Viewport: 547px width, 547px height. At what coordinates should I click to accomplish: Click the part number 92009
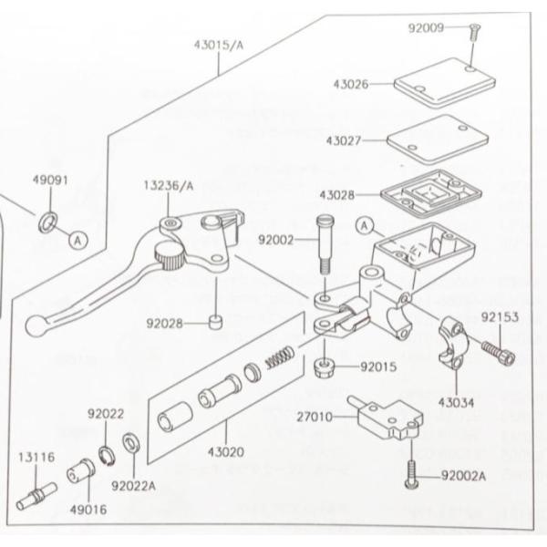pyautogui.click(x=426, y=27)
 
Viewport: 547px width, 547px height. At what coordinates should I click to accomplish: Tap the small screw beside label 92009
pyautogui.click(x=474, y=31)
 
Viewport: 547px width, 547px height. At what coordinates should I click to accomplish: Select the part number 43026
pyautogui.click(x=350, y=84)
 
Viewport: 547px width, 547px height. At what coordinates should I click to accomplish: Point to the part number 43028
pyautogui.click(x=337, y=194)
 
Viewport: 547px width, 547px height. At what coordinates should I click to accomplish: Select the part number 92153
pyautogui.click(x=500, y=318)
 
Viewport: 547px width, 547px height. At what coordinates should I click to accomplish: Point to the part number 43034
pyautogui.click(x=456, y=401)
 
